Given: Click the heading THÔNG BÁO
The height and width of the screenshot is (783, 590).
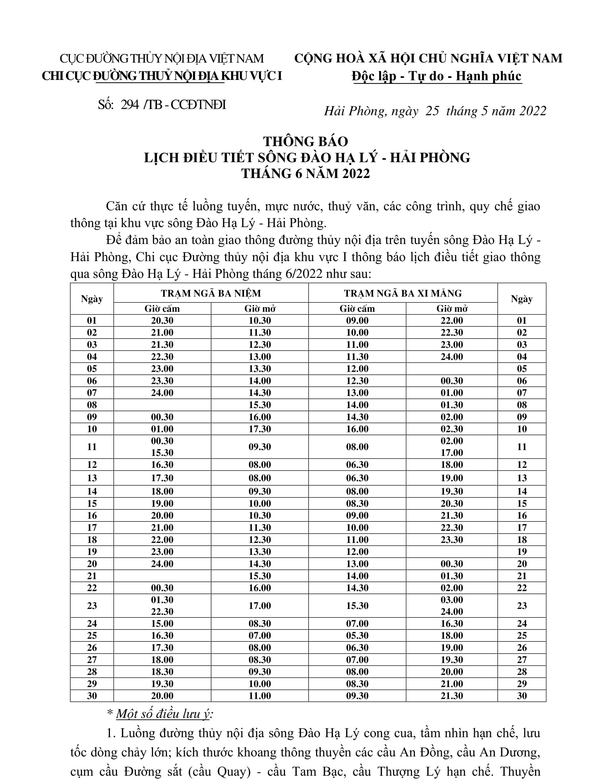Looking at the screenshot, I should pyautogui.click(x=305, y=142).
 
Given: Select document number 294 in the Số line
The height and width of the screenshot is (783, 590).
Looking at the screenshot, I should pyautogui.click(x=130, y=105).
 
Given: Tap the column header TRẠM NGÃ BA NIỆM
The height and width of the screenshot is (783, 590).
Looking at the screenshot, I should pyautogui.click(x=210, y=293).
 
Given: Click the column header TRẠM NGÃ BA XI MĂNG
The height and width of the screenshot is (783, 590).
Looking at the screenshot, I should pyautogui.click(x=402, y=293).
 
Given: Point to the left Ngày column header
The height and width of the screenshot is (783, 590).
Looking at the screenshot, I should pyautogui.click(x=92, y=299).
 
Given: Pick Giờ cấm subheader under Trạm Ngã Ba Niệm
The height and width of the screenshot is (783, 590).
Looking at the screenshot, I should pyautogui.click(x=162, y=309).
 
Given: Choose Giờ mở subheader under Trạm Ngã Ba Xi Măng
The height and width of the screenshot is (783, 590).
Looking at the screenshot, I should pyautogui.click(x=452, y=309).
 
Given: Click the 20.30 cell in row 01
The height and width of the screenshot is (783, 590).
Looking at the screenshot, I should pyautogui.click(x=162, y=320).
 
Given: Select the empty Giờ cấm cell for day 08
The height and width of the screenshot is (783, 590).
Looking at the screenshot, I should pyautogui.click(x=162, y=405).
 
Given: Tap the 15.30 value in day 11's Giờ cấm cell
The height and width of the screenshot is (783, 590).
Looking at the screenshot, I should pyautogui.click(x=162, y=453).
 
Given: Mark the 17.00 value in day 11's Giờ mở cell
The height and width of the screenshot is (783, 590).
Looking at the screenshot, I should pyautogui.click(x=452, y=453).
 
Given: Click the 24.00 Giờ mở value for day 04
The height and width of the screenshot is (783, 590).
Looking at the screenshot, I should pyautogui.click(x=452, y=357).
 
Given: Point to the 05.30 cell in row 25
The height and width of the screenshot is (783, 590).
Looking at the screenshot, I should pyautogui.click(x=357, y=635).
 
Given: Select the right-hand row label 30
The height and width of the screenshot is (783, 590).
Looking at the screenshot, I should pyautogui.click(x=522, y=696).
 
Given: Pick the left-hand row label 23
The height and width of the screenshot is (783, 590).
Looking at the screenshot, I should pyautogui.click(x=92, y=606).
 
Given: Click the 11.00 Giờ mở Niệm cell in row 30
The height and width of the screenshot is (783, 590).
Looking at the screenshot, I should pyautogui.click(x=260, y=696).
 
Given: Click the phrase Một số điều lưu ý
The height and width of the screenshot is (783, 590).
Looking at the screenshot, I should pyautogui.click(x=164, y=714).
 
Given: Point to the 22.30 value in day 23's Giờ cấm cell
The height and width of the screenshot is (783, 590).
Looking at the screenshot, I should pyautogui.click(x=162, y=611).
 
